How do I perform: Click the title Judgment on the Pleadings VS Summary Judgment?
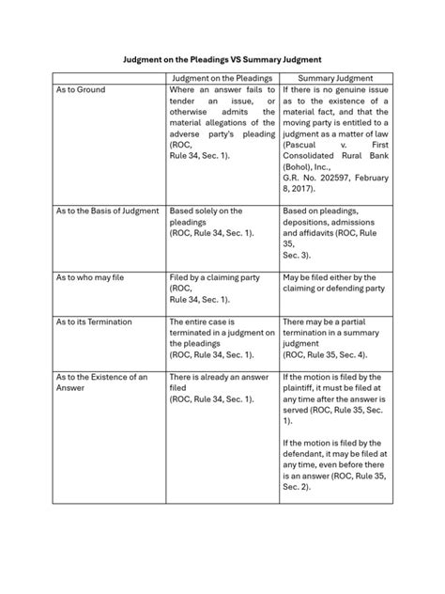pyautogui.click(x=222, y=57)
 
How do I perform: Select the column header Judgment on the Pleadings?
pyautogui.click(x=222, y=78)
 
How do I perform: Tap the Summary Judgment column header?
pyautogui.click(x=336, y=78)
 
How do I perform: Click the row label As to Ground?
pyautogui.click(x=81, y=89)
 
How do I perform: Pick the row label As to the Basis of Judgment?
pyautogui.click(x=107, y=211)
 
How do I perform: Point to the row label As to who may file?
pyautogui.click(x=90, y=278)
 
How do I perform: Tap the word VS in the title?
pyautogui.click(x=253, y=57)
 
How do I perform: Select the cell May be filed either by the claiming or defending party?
pyautogui.click(x=334, y=283)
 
